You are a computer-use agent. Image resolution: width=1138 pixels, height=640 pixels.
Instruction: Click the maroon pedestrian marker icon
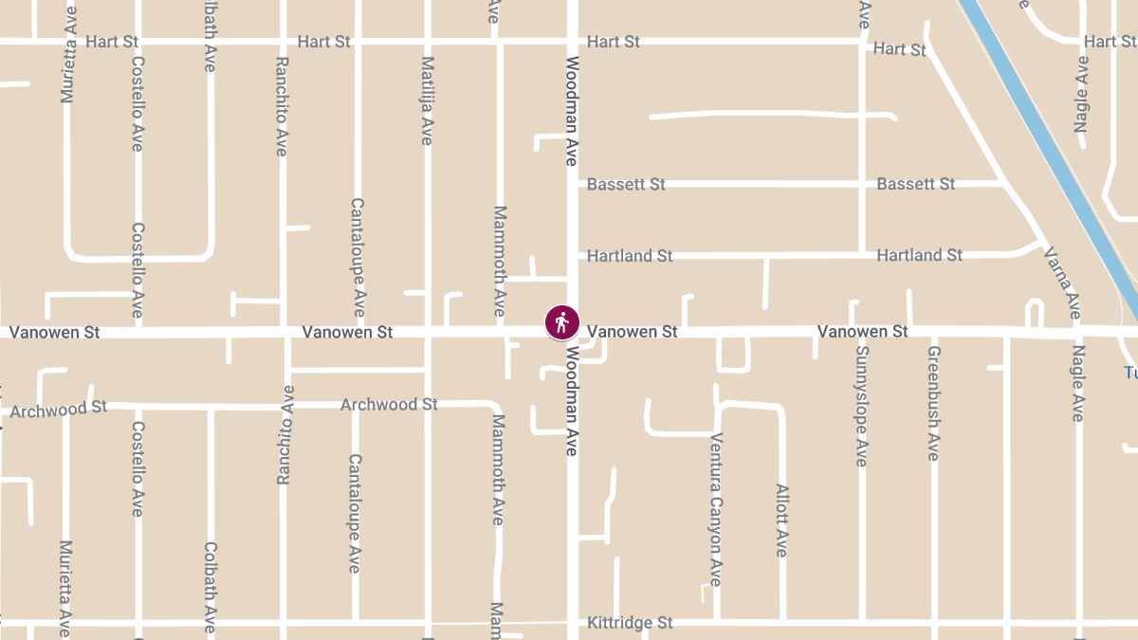tap(561, 322)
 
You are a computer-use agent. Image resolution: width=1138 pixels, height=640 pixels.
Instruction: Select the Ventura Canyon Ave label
tap(717, 509)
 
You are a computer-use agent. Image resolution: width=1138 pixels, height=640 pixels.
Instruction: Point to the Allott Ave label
tap(782, 521)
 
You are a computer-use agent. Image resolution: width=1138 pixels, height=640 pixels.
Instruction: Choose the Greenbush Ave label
tap(933, 403)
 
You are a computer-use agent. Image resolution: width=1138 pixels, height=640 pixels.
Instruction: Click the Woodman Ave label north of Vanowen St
tap(572, 111)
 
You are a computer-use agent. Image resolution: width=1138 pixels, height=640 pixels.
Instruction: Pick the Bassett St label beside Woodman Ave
tap(626, 184)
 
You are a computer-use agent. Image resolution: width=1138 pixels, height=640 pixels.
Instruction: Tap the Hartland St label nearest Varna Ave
tap(919, 255)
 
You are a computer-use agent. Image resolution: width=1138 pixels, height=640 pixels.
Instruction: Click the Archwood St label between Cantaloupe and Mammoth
tap(389, 405)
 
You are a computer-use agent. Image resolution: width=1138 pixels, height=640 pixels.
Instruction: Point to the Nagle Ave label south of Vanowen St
tap(1078, 383)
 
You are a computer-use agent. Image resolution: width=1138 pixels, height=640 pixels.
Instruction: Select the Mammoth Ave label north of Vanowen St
tap(500, 261)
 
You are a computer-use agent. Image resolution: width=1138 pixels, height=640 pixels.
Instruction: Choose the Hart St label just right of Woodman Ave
tap(614, 42)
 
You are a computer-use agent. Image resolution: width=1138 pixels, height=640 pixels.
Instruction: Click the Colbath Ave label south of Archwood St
tap(210, 587)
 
